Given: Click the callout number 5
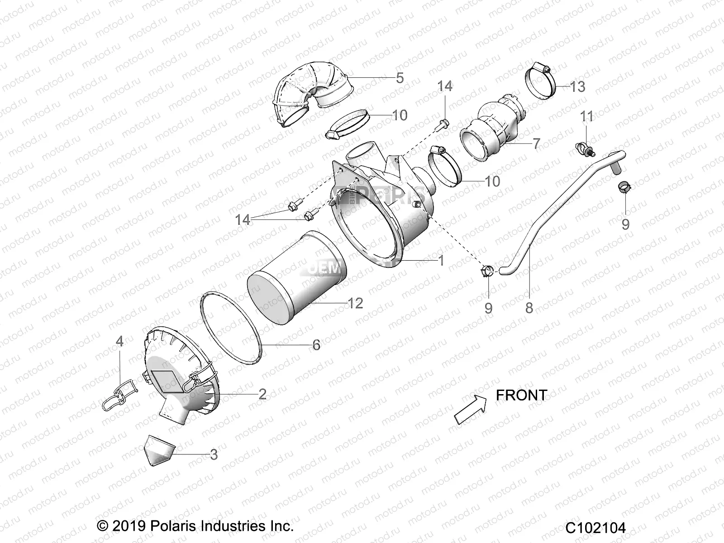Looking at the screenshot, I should coord(400,78).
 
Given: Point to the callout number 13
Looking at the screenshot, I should coord(577,86).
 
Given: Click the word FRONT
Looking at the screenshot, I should coord(521,395).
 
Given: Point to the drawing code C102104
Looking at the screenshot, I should coord(595,528).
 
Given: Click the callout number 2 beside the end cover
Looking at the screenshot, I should coord(262,394).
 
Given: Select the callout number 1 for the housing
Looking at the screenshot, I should coord(441,260).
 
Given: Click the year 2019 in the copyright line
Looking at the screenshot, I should coord(128,526).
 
